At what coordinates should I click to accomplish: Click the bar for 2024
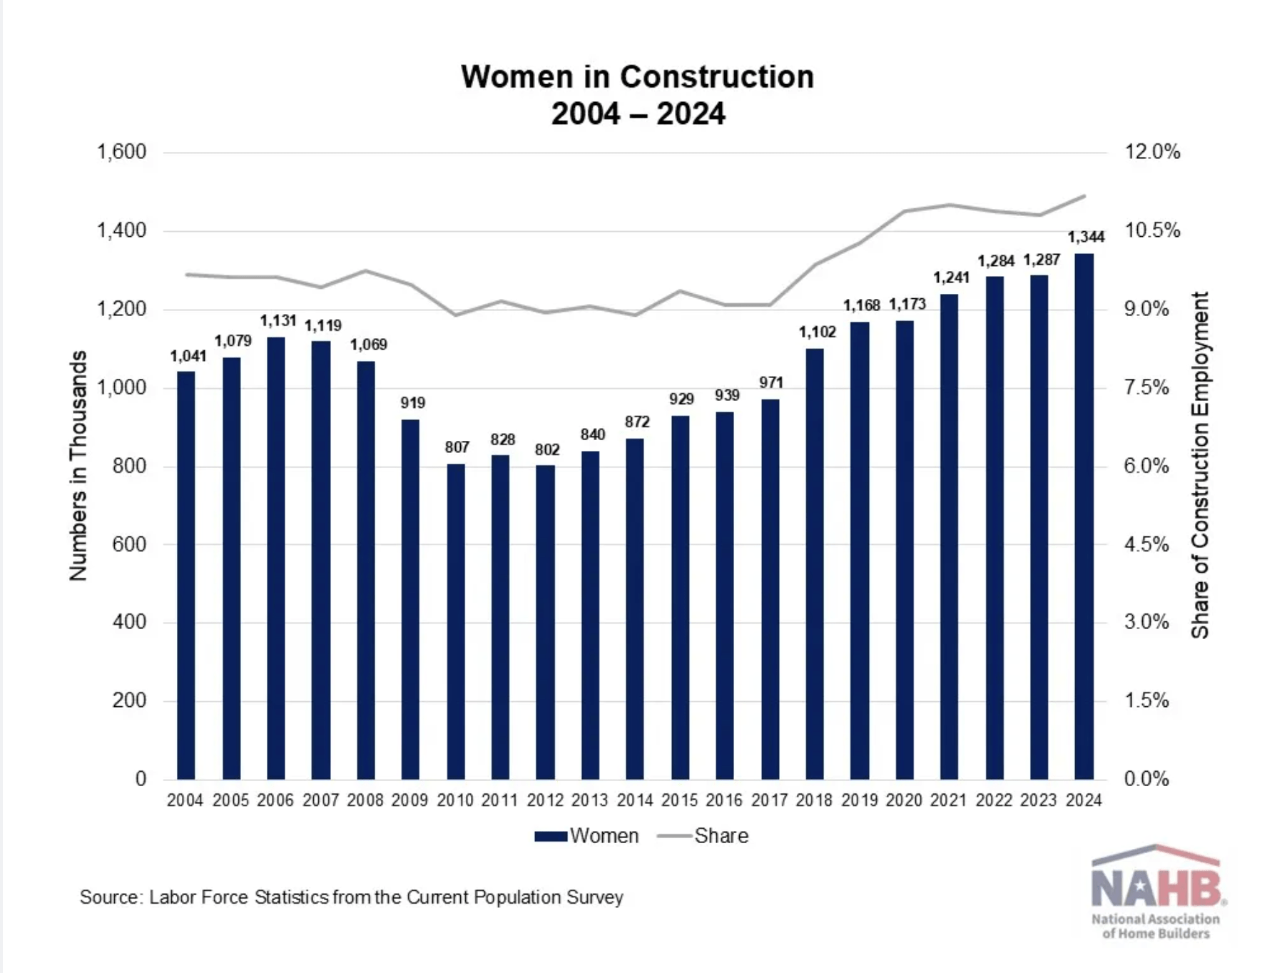click(1084, 516)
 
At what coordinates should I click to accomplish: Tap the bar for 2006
click(276, 558)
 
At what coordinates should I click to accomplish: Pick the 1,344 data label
click(1086, 237)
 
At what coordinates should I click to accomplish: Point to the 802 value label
click(547, 450)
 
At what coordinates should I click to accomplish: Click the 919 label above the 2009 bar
click(413, 403)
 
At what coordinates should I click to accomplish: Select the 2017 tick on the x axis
click(769, 800)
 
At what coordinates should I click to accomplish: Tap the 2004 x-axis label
click(185, 800)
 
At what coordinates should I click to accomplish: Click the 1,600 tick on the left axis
click(121, 152)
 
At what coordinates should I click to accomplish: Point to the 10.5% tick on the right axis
click(1152, 230)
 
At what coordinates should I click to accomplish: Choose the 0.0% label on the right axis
click(1146, 778)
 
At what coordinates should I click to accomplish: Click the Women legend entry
click(587, 836)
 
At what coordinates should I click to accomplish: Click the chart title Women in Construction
click(637, 77)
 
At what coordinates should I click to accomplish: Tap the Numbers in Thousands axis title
click(78, 465)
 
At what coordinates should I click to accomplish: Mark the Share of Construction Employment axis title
click(1200, 465)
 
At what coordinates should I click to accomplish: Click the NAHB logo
click(1156, 892)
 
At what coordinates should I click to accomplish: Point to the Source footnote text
click(351, 897)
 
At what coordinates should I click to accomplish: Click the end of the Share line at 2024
click(1084, 195)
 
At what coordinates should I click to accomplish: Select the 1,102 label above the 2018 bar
click(817, 332)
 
